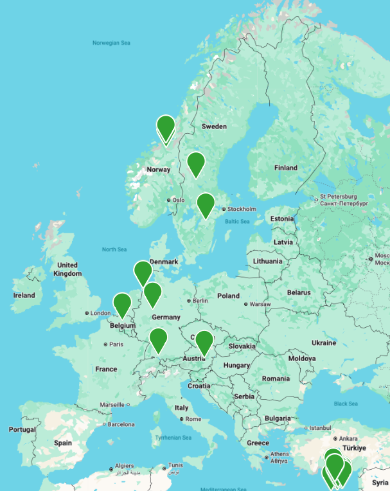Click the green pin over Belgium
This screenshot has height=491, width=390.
[122, 304]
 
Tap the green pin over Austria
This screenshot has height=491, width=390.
[204, 342]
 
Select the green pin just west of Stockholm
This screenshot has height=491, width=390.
[205, 204]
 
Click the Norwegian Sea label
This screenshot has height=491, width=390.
[111, 43]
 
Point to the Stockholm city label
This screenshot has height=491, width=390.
[242, 209]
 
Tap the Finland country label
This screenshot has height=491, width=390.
[286, 168]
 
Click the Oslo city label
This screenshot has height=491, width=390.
[177, 200]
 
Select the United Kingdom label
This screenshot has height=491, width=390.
[67, 269]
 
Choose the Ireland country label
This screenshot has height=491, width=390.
[24, 295]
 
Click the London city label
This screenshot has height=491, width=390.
[101, 314]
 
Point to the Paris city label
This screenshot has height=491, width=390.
[116, 344]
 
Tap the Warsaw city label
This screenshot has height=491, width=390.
[260, 304]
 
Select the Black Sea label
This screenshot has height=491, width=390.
[345, 404]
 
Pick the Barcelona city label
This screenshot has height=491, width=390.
[121, 424]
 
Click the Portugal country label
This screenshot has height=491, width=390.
[22, 429]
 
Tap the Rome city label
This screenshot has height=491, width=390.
[193, 419]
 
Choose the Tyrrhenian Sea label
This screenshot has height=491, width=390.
[173, 438]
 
